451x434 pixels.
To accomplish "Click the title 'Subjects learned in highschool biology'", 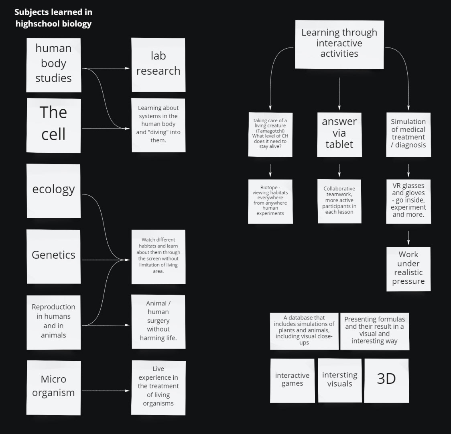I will [x=53, y=18].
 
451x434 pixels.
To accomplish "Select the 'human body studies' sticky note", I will [x=54, y=65].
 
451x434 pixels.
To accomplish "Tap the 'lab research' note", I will [x=158, y=64].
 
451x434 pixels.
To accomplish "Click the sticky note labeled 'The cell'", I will [x=54, y=125].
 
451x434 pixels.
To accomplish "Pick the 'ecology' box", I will [x=54, y=190].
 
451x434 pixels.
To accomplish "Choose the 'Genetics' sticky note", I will [x=54, y=256].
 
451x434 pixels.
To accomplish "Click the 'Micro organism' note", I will [x=54, y=387].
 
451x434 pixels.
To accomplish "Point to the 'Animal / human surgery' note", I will [x=158, y=321].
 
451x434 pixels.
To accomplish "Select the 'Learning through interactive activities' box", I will [x=339, y=44].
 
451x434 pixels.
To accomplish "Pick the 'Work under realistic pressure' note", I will [x=408, y=268].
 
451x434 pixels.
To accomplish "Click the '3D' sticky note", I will [x=386, y=380].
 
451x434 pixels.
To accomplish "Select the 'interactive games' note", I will [x=292, y=380].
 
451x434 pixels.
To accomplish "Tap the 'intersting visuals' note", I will [x=339, y=380].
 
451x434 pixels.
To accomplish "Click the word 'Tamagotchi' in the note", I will [x=270, y=131].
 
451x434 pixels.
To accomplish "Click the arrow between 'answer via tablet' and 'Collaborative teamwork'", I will [x=339, y=170].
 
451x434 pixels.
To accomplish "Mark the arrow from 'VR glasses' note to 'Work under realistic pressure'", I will [x=408, y=237].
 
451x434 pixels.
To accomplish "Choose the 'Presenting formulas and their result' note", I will [x=374, y=331].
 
